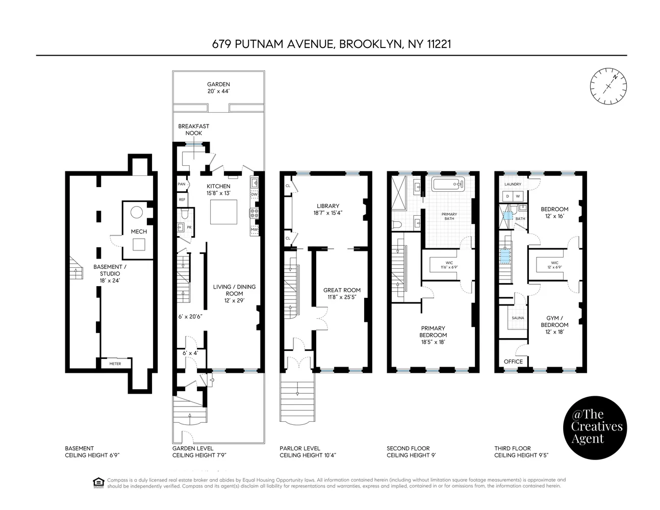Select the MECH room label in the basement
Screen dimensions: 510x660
tap(139, 232)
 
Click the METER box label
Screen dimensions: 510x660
tap(115, 364)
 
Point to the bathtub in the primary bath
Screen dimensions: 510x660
tap(448, 184)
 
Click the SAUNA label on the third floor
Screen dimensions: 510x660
tap(517, 318)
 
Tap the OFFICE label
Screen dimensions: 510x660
tap(513, 362)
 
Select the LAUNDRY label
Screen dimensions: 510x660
tap(513, 184)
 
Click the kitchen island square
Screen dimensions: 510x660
tap(224, 212)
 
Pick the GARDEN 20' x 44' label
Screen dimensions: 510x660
tap(218, 88)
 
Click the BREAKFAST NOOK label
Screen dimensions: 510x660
tap(193, 130)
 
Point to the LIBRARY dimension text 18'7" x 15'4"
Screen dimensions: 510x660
tap(327, 213)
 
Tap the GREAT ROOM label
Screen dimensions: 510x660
tap(342, 290)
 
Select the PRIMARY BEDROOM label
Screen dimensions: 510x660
tap(433, 331)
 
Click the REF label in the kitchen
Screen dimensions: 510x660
tap(182, 199)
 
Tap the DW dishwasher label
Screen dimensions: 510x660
tap(255, 194)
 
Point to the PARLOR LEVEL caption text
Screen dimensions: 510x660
tap(300, 448)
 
